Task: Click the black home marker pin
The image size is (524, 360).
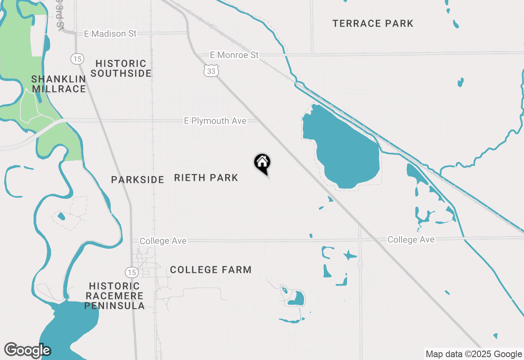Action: (262, 163)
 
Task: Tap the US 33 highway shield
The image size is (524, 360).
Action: (211, 71)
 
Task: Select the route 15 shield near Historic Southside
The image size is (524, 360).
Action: (77, 59)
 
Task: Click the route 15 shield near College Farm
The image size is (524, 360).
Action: (131, 272)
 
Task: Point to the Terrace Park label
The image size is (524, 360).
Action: (373, 24)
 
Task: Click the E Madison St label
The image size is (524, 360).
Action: (110, 34)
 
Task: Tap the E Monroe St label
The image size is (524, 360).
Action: (234, 55)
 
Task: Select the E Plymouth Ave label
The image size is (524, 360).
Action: (215, 121)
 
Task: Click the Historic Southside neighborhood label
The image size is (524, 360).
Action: (121, 68)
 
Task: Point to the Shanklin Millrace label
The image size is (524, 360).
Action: (59, 84)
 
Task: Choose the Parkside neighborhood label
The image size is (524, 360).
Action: (138, 180)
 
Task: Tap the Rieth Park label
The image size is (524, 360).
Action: (206, 178)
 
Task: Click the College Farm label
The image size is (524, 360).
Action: (211, 270)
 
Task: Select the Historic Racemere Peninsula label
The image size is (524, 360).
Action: (114, 296)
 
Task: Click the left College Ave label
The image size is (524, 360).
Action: (163, 241)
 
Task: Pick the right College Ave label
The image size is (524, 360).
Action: (411, 240)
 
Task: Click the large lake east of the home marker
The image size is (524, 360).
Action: (344, 151)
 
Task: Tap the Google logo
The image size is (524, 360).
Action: (27, 350)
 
